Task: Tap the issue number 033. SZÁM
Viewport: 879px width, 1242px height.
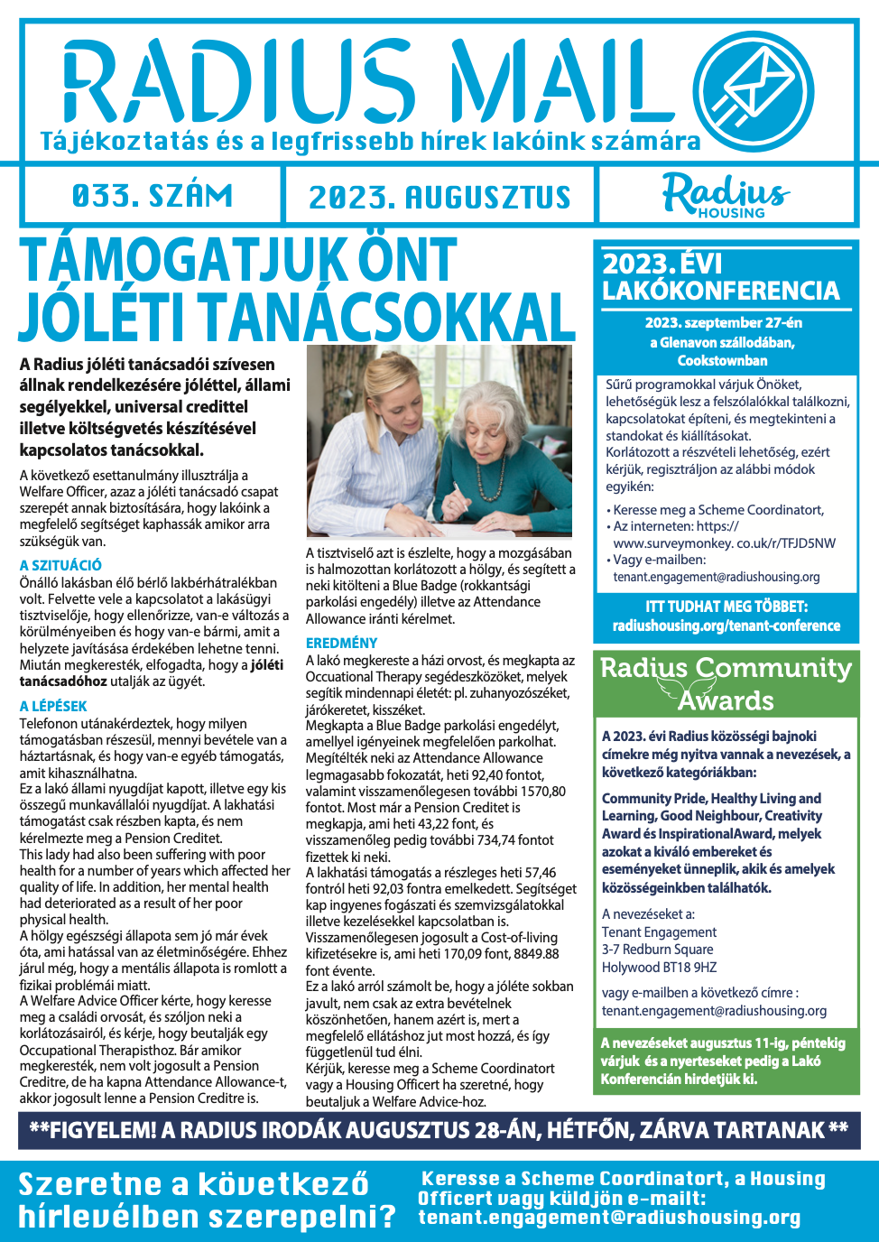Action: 152,196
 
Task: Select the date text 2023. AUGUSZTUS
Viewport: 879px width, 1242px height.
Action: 439,198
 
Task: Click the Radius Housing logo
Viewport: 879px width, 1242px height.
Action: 726,195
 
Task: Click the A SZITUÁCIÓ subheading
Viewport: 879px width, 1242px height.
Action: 60,565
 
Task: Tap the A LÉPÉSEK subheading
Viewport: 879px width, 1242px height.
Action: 53,706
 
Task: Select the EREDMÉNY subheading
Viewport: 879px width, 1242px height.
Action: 341,643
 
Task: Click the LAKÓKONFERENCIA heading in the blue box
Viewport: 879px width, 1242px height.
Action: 721,291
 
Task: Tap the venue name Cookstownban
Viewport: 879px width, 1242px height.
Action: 722,360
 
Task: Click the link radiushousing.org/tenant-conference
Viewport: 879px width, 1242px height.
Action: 726,626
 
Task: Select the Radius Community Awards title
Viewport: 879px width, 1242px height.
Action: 726,683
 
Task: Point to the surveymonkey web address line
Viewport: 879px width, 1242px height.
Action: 724,542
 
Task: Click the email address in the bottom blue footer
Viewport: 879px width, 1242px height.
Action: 609,1218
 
